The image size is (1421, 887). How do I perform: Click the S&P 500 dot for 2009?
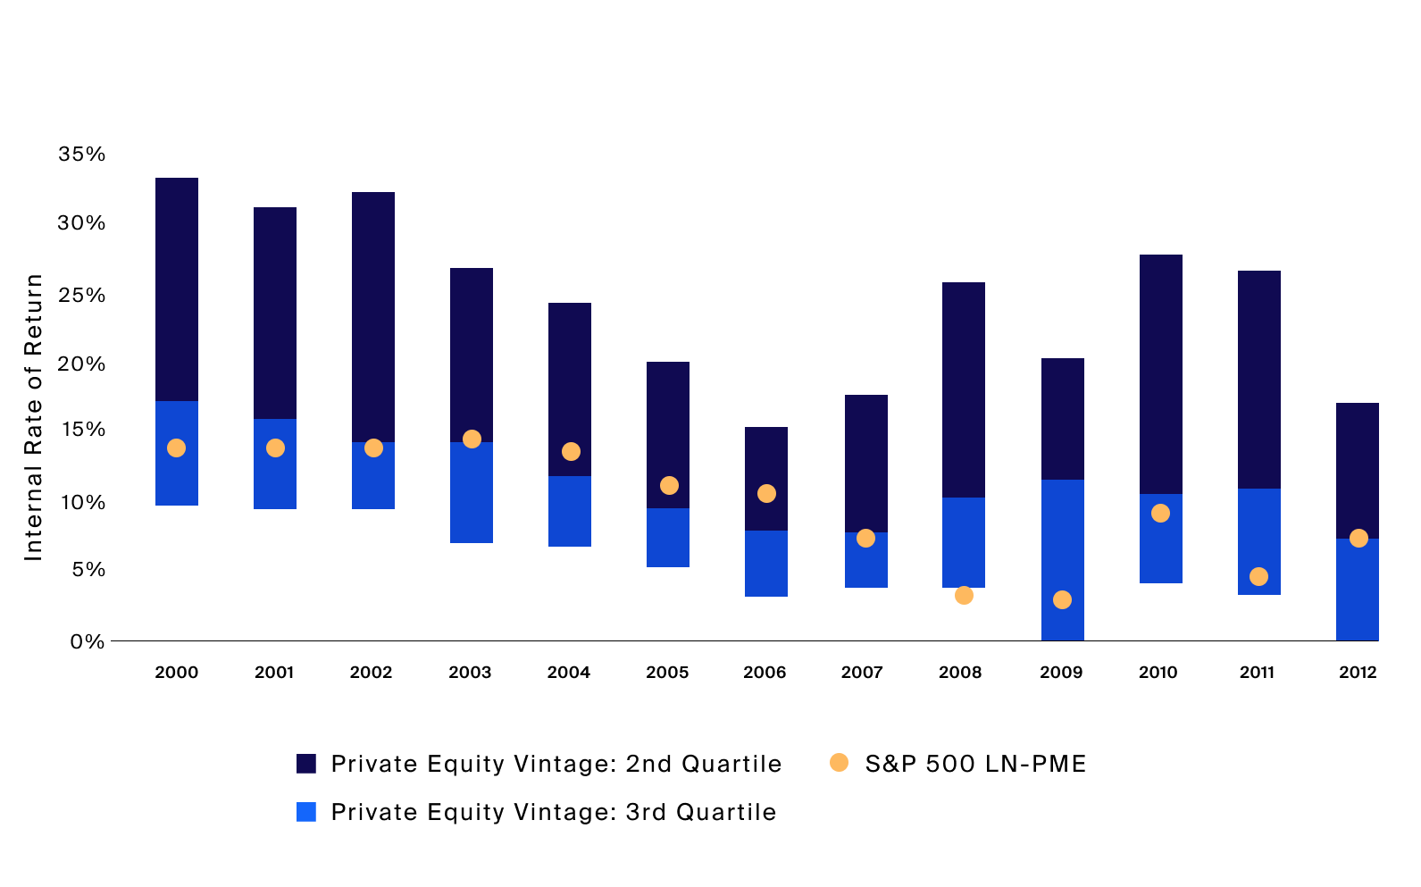[1062, 599]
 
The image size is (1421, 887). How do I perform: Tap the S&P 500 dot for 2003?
[472, 439]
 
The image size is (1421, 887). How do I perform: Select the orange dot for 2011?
[1258, 576]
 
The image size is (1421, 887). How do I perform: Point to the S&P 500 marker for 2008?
[964, 595]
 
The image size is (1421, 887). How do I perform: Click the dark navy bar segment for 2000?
[177, 289]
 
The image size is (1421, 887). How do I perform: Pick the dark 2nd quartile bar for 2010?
[1160, 373]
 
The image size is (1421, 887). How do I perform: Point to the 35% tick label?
[81, 154]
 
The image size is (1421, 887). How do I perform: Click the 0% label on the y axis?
[88, 641]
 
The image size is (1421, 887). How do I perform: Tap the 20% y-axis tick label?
[81, 364]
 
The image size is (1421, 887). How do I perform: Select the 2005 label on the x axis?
[667, 673]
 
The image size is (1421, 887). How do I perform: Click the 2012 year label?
[1357, 673]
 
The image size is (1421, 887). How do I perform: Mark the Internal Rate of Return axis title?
[33, 417]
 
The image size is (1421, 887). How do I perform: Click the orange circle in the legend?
[839, 763]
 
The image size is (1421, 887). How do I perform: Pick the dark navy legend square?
[306, 764]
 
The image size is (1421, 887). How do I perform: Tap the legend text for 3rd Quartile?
[553, 812]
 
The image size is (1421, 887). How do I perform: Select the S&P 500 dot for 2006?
[766, 493]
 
